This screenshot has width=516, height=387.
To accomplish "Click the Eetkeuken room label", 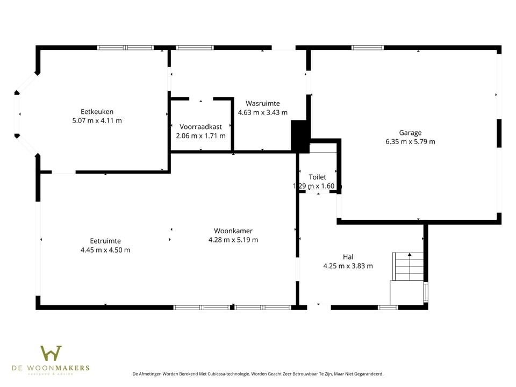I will coord(97,112).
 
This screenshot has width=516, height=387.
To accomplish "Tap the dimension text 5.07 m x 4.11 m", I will coord(97,120).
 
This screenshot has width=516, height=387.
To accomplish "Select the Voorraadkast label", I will coord(200,127).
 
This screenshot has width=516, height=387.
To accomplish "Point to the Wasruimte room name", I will coord(262,103).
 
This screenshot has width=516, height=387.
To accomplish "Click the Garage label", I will coord(410,133).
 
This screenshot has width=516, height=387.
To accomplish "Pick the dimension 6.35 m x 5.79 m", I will coord(410,142).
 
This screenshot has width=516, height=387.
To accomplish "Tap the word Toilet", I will coord(317,177).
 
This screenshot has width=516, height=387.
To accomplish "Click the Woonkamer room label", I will coord(233,231).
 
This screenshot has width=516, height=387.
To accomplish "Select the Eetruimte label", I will coord(105,241).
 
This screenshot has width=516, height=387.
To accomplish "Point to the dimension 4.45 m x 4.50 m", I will coord(105,250).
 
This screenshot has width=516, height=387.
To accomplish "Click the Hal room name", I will coord(348,256).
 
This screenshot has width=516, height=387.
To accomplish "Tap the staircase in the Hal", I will coord(408,266).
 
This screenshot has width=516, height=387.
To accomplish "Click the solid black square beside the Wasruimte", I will coord(299,136).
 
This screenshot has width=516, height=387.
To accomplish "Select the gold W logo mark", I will coord(51,353).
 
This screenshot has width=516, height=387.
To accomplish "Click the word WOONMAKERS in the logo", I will coord(64,368).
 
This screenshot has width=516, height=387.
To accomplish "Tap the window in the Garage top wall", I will coord(368,47).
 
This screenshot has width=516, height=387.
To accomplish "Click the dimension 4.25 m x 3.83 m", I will coord(348,266).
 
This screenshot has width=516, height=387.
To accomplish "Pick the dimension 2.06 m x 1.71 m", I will coord(200,135).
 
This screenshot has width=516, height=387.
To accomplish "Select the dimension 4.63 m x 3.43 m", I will coord(262,112).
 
